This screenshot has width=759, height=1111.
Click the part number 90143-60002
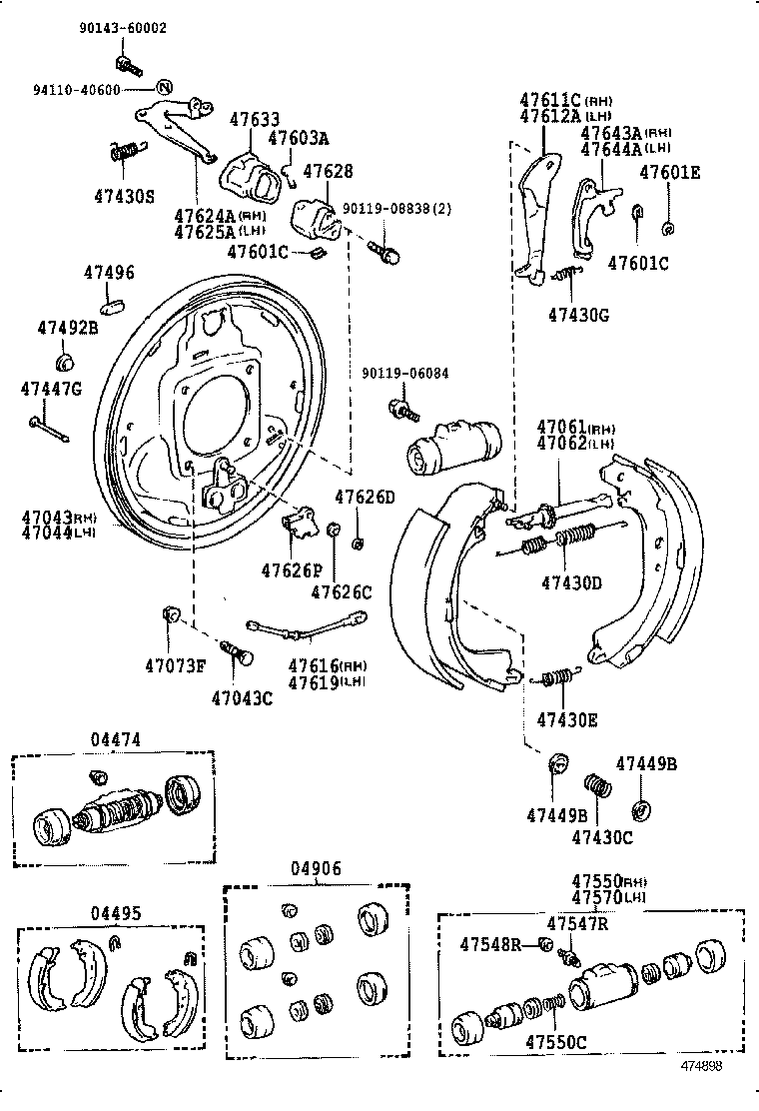123,29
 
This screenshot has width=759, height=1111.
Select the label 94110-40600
75,90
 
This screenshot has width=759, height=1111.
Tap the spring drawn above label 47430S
124,152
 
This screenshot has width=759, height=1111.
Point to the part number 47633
255,119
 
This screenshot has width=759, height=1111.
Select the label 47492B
68,328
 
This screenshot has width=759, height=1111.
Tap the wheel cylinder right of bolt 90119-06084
452,445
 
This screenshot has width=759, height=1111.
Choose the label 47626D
365,498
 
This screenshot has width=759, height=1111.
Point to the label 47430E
567,719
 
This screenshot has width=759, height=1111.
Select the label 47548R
491,944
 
